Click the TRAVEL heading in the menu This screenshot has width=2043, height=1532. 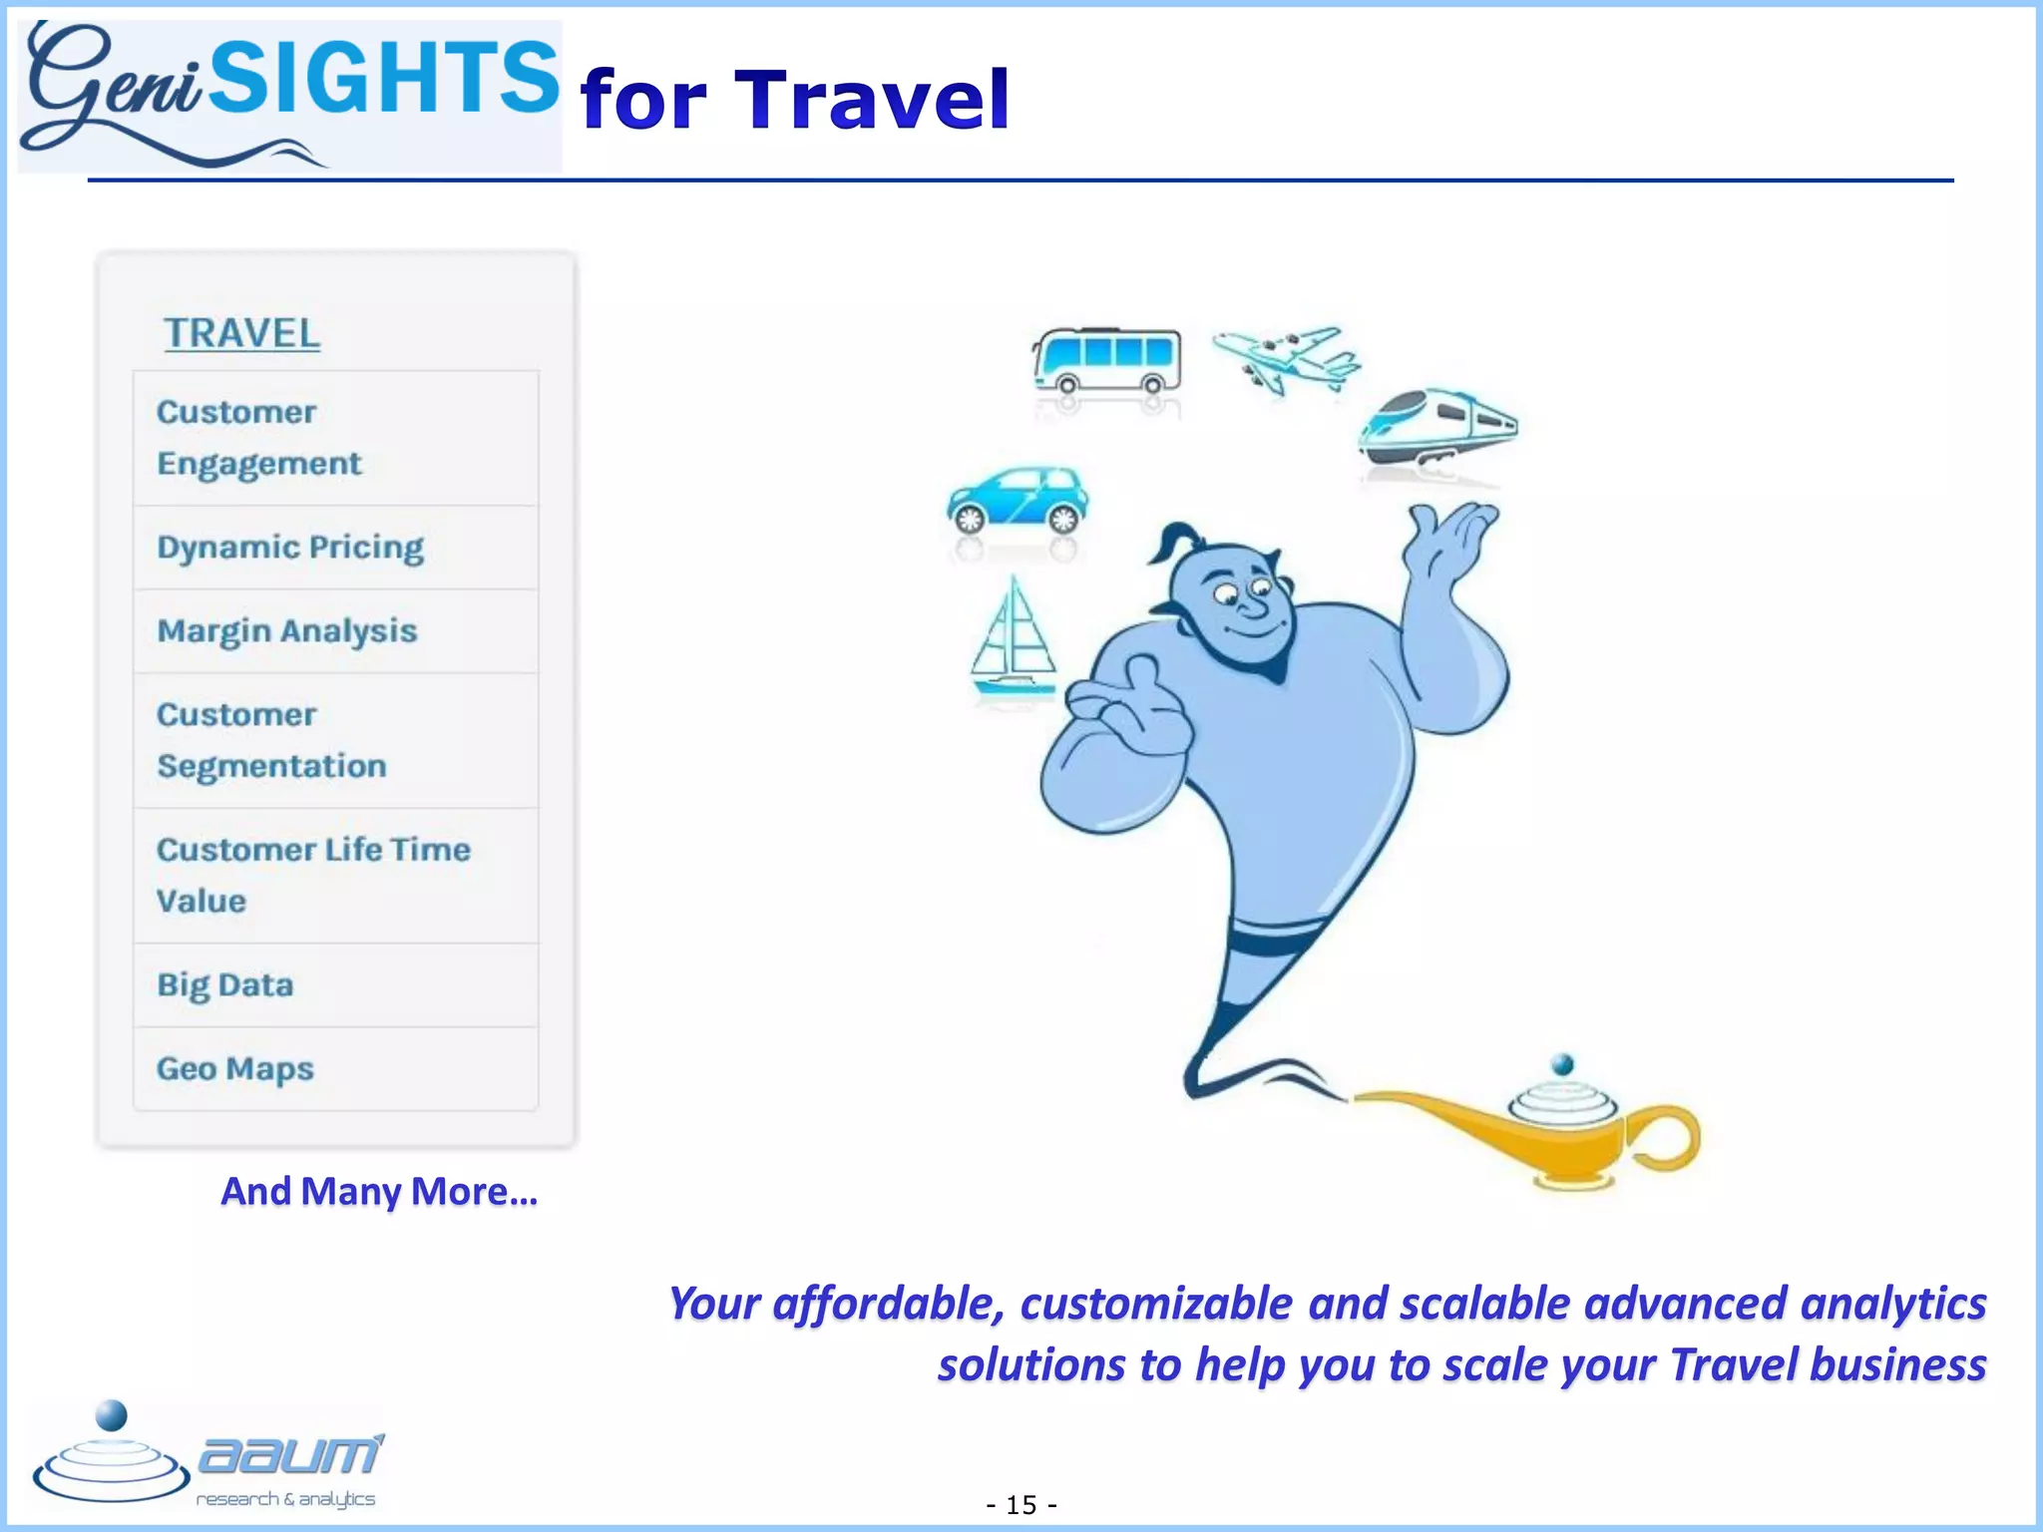(242, 333)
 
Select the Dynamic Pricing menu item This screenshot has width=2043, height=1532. (290, 548)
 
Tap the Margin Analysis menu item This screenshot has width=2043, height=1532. (287, 631)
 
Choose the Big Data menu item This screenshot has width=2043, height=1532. (225, 985)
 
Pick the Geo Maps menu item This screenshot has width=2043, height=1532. (235, 1069)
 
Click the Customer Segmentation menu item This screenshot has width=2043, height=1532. (271, 740)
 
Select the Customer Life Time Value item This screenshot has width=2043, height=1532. (313, 875)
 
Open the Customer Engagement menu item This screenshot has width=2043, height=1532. (259, 438)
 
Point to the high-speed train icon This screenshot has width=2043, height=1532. (1437, 428)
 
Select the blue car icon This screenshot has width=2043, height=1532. (1018, 498)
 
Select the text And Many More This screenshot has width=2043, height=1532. (379, 1191)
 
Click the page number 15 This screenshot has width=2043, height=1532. (1021, 1504)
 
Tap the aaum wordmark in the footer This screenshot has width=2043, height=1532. (289, 1456)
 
